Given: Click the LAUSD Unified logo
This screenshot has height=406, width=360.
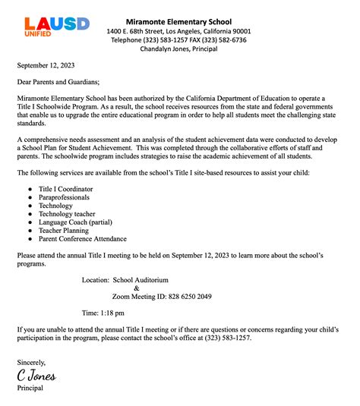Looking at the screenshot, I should coord(51,27).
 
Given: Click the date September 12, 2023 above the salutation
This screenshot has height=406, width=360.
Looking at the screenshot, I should coord(47,67).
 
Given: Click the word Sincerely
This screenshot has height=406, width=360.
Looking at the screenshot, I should coord(33,363).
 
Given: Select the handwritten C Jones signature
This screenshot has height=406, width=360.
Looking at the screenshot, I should coord(36,376).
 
